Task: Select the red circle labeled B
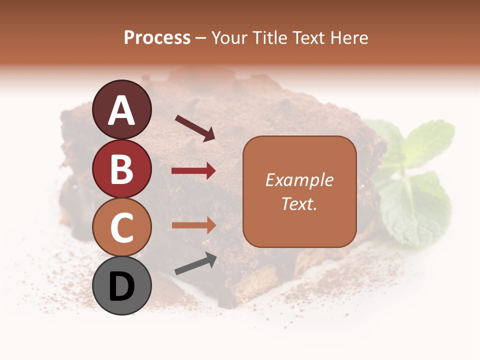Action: pos(122,168)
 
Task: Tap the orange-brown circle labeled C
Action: pos(122,227)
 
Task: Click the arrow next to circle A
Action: pos(195,128)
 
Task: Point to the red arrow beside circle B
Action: pos(193,171)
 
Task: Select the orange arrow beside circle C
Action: pos(193,225)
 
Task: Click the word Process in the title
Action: pos(157,37)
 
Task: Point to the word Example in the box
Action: pos(299,180)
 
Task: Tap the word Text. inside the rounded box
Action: pos(299,203)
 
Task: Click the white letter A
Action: pos(122,111)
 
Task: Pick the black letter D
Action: pos(122,287)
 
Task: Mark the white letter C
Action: pos(122,227)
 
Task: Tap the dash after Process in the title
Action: pos(200,38)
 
